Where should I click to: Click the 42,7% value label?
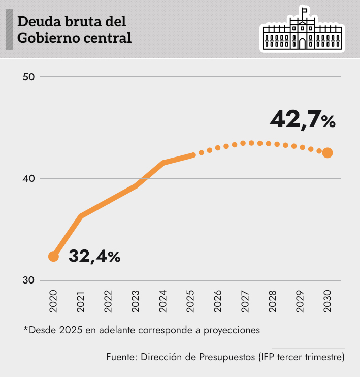(303, 120)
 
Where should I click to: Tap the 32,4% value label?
(94, 256)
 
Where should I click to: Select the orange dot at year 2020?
(53, 257)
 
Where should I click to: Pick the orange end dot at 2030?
(328, 153)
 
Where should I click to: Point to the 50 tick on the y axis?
(28, 77)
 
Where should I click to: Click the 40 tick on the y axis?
(28, 179)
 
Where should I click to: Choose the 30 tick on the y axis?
(28, 280)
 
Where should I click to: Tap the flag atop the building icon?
(305, 10)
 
